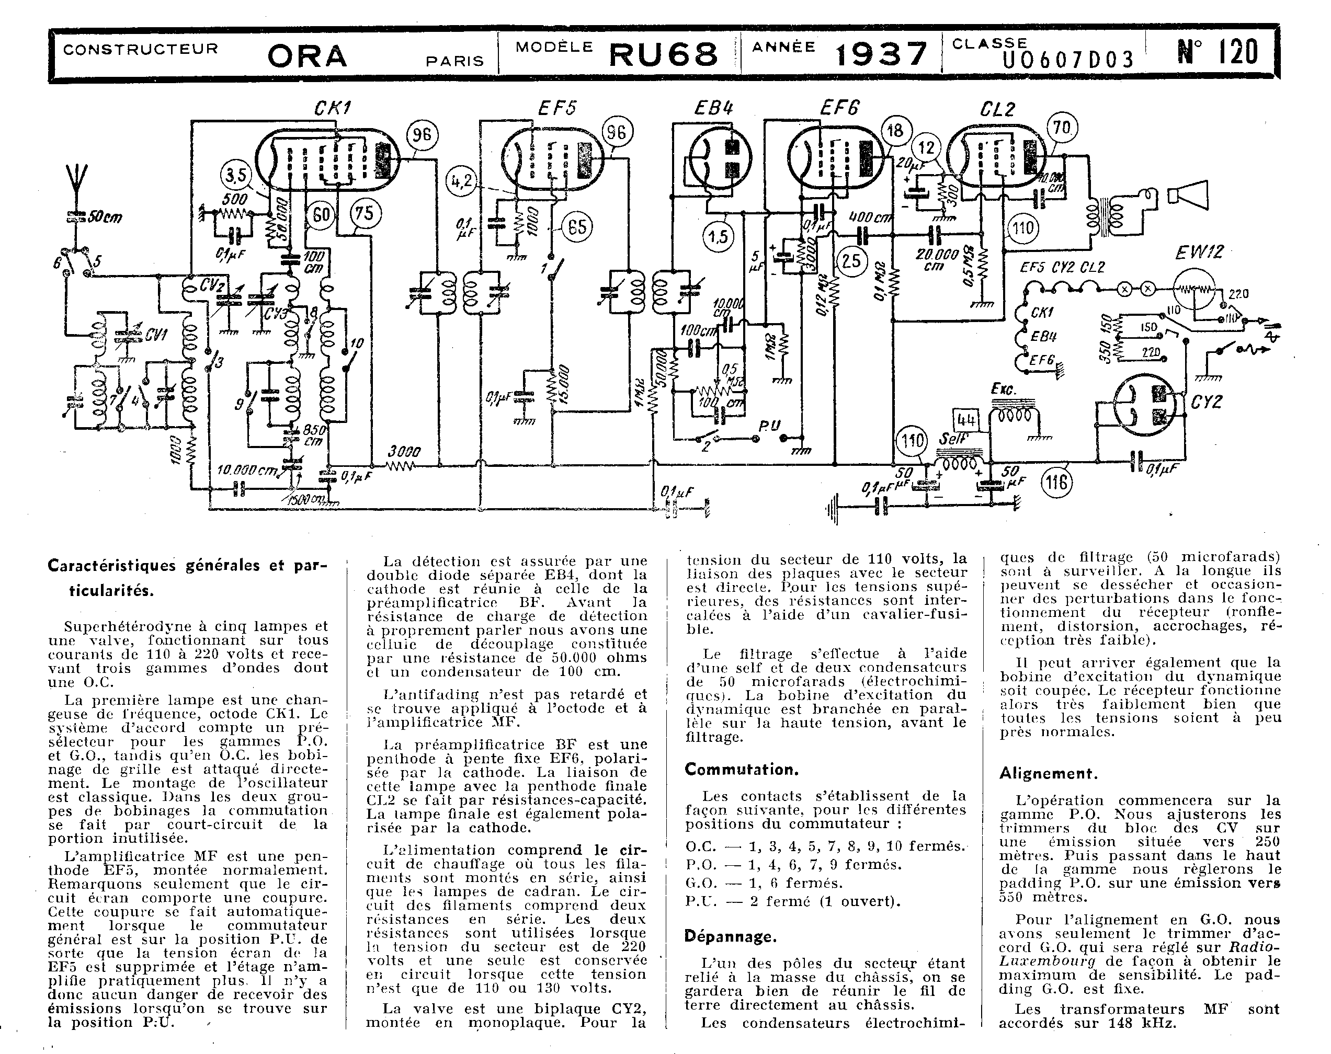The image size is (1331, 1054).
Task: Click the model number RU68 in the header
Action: point(663,54)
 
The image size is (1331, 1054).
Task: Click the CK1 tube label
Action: point(332,109)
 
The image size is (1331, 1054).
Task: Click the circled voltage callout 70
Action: point(1061,129)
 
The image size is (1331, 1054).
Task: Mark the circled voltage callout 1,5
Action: point(719,236)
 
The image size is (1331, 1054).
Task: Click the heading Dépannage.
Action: point(730,936)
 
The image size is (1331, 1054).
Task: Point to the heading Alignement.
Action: point(1047,773)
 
